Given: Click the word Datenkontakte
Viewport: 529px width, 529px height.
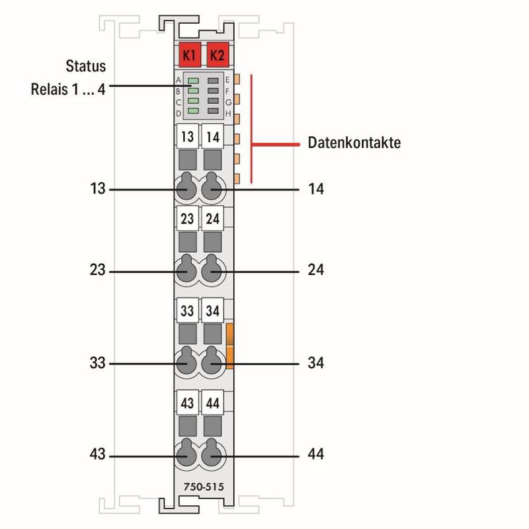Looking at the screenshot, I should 354,143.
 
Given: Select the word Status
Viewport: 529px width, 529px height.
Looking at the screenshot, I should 85,67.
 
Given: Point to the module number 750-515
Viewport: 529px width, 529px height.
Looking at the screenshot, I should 202,487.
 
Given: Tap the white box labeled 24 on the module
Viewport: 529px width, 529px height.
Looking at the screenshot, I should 213,218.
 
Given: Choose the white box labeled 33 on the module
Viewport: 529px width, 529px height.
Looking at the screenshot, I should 188,309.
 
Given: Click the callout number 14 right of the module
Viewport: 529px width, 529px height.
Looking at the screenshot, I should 315,190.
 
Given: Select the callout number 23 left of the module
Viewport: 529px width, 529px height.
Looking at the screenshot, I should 98,270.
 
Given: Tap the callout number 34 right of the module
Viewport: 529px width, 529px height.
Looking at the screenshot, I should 315,363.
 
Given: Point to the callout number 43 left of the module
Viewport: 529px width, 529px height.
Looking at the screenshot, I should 98,455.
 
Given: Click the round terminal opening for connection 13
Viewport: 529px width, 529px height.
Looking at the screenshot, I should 187,190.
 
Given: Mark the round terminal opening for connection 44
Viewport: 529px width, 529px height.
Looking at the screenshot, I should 212,455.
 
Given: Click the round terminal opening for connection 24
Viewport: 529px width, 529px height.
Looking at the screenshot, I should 212,270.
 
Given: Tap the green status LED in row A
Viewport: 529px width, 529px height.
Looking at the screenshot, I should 193,81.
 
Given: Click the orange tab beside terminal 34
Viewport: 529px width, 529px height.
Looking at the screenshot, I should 230,345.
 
